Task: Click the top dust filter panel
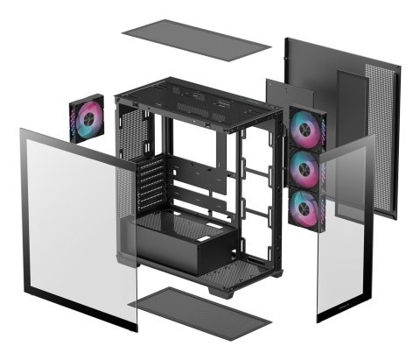coord(196,39)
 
